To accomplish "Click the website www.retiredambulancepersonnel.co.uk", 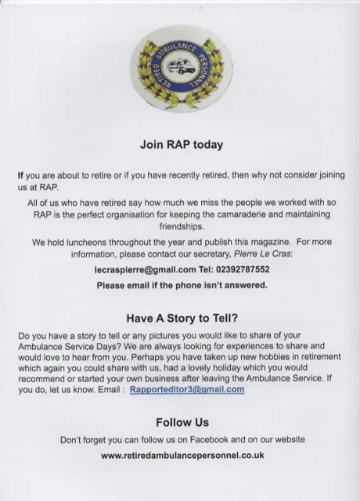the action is point(182,455).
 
